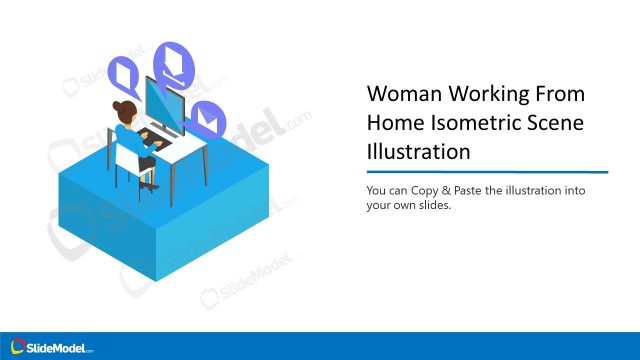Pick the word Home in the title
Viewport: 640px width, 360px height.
pyautogui.click(x=394, y=123)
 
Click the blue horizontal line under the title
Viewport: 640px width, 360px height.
pyautogui.click(x=487, y=172)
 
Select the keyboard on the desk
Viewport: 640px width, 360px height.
pyautogui.click(x=157, y=137)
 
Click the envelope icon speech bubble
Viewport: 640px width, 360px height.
pyautogui.click(x=208, y=119)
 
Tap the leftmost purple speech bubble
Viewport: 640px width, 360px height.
pyautogui.click(x=126, y=72)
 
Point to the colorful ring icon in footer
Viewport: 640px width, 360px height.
pyautogui.click(x=17, y=346)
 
